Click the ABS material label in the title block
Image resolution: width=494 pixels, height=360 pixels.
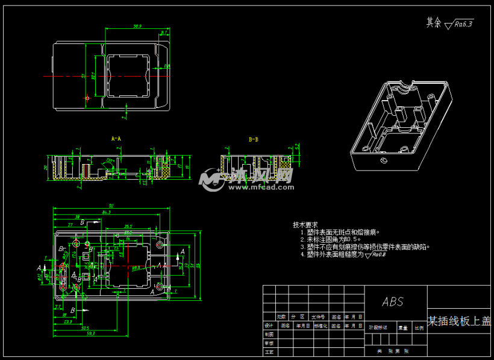click(x=393, y=302)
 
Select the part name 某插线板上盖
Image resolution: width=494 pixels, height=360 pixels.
click(x=459, y=321)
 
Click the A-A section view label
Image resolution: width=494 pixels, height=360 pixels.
click(x=116, y=139)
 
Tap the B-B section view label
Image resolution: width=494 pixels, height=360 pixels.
click(x=254, y=139)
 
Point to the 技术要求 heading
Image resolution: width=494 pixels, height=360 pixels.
click(x=305, y=224)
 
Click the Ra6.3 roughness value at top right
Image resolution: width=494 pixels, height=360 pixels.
click(x=464, y=24)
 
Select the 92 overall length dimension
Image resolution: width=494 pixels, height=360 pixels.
click(x=111, y=206)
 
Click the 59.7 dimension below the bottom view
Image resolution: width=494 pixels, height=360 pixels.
click(x=91, y=333)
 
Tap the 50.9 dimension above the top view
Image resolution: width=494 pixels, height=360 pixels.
click(x=137, y=27)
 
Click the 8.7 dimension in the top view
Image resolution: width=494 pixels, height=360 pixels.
click(x=164, y=33)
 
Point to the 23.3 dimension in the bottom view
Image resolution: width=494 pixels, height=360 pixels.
click(x=68, y=321)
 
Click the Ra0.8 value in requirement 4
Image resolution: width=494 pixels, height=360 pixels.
click(x=379, y=254)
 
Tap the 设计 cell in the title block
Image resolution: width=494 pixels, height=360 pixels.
click(x=269, y=325)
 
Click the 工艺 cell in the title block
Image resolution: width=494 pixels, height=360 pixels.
click(x=269, y=351)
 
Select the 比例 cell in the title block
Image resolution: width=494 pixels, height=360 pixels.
click(x=419, y=328)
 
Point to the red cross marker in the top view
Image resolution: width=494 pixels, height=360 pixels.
click(x=87, y=98)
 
